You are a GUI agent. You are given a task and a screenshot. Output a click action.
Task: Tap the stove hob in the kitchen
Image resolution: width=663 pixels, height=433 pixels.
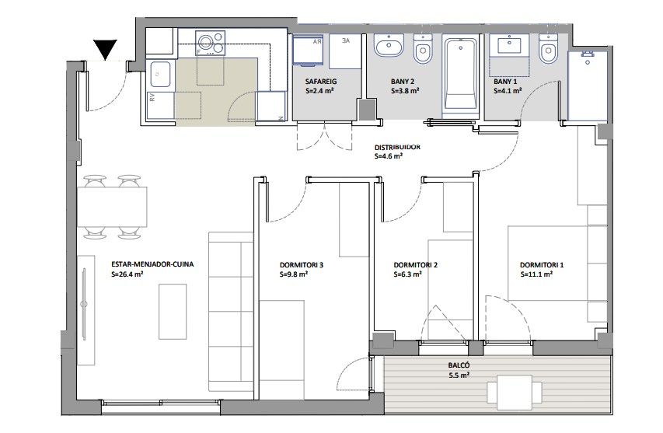210,43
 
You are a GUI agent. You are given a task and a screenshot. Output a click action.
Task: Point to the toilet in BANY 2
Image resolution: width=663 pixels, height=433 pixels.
423,52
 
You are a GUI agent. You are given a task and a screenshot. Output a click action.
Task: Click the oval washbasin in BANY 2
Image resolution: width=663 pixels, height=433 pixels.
388,48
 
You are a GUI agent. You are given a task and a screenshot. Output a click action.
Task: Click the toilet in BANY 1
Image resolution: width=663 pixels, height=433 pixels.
547,52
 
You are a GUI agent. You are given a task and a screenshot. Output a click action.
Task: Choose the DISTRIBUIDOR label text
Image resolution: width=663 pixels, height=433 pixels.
397,146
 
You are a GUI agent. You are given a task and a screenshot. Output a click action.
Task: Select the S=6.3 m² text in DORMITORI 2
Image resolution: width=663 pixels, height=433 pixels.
407,274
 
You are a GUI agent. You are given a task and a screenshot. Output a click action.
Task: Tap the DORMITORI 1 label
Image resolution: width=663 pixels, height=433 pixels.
542,264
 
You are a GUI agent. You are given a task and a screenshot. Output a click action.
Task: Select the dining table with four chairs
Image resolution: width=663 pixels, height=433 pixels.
112,206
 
